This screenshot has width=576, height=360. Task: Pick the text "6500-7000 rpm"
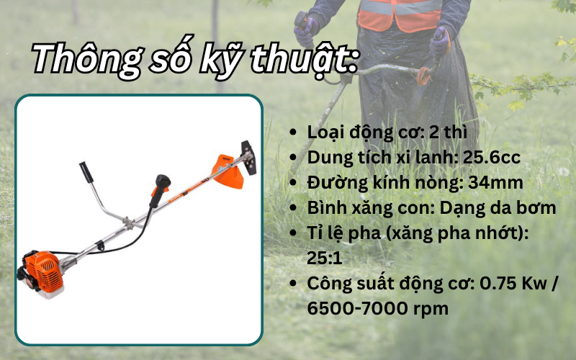point(379,308)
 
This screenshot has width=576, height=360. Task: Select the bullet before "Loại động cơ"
point(293,133)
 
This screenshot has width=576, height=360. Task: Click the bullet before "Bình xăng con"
point(293,209)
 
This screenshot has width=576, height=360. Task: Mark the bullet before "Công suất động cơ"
point(293,284)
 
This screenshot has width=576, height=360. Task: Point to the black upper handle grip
point(87,174)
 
